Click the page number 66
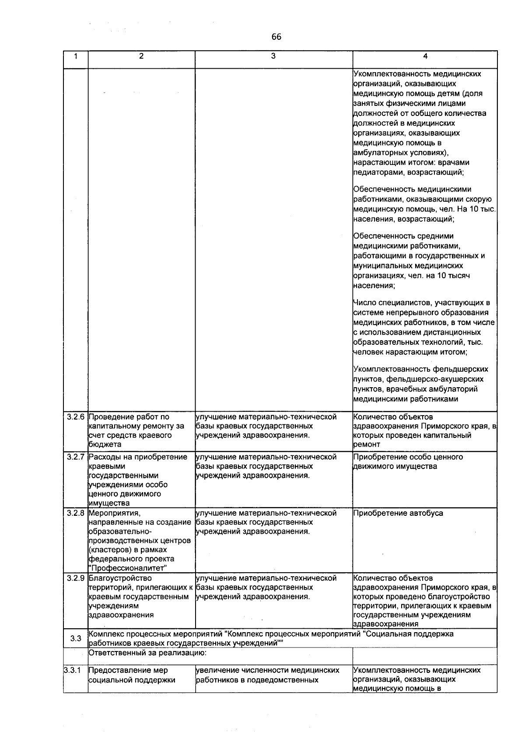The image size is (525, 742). click(x=276, y=37)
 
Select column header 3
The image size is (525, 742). click(x=273, y=56)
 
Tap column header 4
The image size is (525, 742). click(x=425, y=56)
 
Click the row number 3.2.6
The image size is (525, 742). click(x=76, y=417)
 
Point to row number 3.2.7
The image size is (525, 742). click(x=76, y=457)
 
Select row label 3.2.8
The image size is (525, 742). click(x=76, y=513)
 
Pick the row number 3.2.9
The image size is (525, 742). click(x=76, y=578)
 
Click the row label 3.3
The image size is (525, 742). click(x=76, y=638)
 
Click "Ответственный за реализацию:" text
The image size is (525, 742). click(x=147, y=653)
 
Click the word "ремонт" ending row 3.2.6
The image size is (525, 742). click(x=367, y=444)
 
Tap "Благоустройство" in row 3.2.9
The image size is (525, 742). click(x=120, y=578)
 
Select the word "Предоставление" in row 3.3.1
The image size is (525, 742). click(x=120, y=670)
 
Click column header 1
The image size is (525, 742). click(x=76, y=56)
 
